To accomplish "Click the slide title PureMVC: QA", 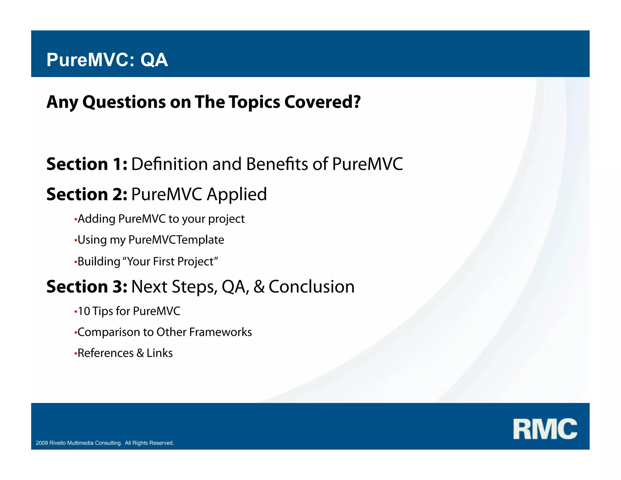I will click(107, 60).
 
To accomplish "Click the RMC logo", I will click(545, 429).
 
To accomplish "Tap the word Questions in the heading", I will click(124, 102).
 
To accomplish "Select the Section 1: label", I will click(87, 164).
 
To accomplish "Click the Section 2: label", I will click(87, 194).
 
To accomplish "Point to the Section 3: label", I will click(87, 286).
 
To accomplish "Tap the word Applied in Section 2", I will click(237, 195).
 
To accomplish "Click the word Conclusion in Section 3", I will click(311, 286).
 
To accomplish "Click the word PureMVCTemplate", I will click(176, 240).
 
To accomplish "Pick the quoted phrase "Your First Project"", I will click(172, 262).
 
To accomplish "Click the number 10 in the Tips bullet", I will click(84, 311).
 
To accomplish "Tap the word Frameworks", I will click(220, 332).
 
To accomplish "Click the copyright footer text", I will click(105, 443).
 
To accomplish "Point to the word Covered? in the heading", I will click(322, 102).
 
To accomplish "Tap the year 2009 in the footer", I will click(42, 443).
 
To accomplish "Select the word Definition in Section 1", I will click(169, 164).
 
